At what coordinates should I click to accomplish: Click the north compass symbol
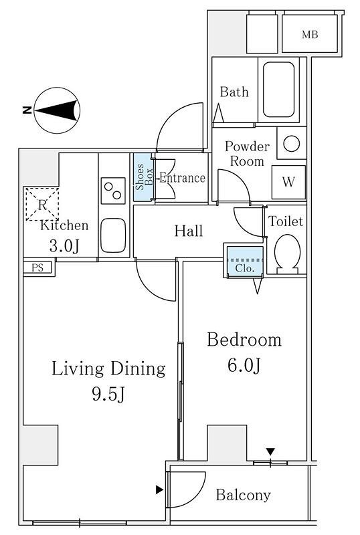[57, 110]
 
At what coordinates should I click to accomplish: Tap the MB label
[310, 35]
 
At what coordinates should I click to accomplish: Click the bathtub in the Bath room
[278, 90]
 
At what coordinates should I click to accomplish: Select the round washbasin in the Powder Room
[291, 144]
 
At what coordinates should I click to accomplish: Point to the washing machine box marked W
[288, 182]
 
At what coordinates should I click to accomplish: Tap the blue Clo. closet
[245, 261]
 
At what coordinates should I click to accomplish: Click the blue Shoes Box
[143, 177]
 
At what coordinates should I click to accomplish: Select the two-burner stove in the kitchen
[113, 191]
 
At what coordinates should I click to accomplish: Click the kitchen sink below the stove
[113, 235]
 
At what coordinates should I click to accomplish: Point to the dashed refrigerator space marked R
[42, 204]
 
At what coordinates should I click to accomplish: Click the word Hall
[189, 231]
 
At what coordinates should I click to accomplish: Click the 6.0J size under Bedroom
[244, 365]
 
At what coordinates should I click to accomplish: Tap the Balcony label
[243, 495]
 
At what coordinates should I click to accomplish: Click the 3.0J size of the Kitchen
[64, 246]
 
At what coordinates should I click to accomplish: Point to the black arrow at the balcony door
[159, 490]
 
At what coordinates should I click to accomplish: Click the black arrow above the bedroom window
[270, 452]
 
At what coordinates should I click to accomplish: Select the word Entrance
[183, 178]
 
